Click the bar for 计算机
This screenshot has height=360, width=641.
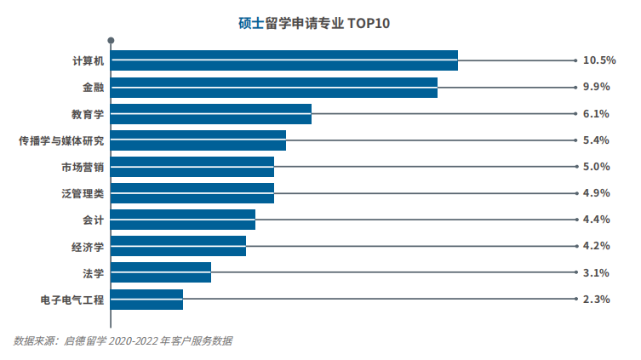(x=284, y=60)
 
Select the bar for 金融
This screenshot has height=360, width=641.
(x=274, y=88)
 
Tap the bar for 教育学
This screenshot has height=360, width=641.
(x=211, y=114)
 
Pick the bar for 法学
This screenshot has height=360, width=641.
(x=161, y=272)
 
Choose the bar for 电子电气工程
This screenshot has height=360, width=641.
(x=147, y=299)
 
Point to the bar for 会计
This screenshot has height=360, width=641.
(x=183, y=220)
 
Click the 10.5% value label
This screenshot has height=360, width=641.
(x=598, y=60)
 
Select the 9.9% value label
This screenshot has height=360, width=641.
(x=597, y=87)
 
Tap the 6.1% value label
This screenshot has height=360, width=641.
(x=597, y=114)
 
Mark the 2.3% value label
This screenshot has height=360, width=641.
(x=597, y=300)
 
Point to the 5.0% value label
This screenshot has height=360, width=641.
(x=597, y=167)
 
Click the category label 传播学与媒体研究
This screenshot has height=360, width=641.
(x=61, y=140)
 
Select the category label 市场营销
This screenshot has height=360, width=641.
(x=83, y=167)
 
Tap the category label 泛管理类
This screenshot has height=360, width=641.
(x=83, y=193)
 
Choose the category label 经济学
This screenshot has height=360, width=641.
(x=88, y=247)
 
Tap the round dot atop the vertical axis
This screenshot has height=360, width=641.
(x=111, y=40)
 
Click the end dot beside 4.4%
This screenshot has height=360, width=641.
(x=576, y=220)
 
